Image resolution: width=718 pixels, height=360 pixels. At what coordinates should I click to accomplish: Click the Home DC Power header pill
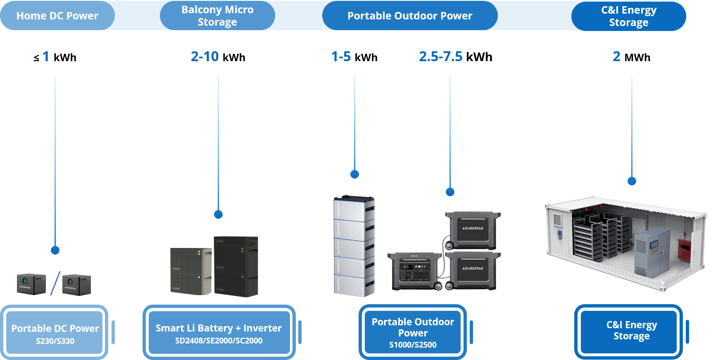click(x=57, y=16)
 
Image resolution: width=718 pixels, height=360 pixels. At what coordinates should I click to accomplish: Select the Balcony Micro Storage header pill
click(x=217, y=16)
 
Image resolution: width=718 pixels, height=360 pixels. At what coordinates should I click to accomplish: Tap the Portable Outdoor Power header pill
click(x=410, y=16)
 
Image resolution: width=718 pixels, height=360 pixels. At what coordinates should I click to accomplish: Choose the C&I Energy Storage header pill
click(x=628, y=16)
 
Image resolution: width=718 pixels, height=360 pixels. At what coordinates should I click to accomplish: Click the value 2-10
click(x=205, y=56)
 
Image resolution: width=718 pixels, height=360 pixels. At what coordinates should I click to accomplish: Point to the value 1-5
click(x=341, y=56)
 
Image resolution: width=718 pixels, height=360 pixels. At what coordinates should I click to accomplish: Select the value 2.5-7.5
click(x=441, y=56)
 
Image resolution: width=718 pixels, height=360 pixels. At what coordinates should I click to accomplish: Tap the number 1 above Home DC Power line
click(x=46, y=56)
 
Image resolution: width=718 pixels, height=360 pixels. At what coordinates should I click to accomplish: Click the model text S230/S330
click(x=55, y=341)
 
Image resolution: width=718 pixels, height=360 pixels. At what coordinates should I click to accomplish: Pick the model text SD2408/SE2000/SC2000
click(x=219, y=341)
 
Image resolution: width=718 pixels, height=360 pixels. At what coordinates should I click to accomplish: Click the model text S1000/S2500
click(x=413, y=345)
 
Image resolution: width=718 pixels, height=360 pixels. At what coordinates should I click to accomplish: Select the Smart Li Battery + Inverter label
click(x=219, y=328)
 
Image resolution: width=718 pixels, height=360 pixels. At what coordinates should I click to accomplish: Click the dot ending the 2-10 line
click(x=218, y=215)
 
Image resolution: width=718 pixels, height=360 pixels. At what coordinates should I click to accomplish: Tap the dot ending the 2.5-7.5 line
click(x=450, y=192)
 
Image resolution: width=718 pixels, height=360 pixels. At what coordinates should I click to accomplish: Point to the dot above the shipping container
click(x=632, y=181)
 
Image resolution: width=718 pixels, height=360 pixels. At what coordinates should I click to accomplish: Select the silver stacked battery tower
click(x=354, y=246)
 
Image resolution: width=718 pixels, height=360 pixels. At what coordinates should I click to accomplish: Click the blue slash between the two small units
click(x=55, y=284)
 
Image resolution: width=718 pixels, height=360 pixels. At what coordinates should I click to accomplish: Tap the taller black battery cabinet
click(x=236, y=266)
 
